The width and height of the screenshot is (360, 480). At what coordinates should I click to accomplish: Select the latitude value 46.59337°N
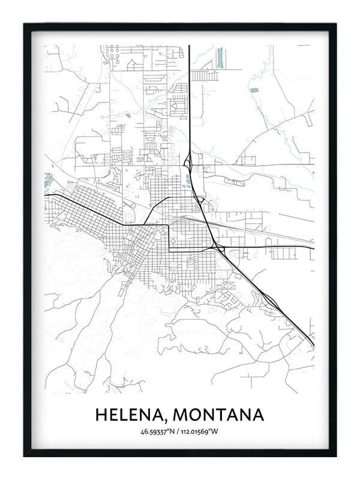(x=159, y=431)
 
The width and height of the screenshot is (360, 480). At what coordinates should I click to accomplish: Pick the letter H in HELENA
(x=100, y=415)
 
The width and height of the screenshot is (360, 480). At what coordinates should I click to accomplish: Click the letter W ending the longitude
(x=217, y=431)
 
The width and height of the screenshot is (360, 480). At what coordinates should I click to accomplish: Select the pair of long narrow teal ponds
(x=220, y=57)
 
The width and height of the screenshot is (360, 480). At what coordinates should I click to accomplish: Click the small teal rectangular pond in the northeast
(x=254, y=90)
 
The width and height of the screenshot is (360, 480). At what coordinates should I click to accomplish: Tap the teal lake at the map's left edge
(x=48, y=179)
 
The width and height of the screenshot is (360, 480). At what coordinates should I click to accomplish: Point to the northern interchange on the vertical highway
(x=188, y=161)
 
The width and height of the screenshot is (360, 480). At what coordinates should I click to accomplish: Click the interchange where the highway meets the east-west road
(x=215, y=247)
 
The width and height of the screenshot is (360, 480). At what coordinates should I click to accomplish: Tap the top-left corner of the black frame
(x=25, y=25)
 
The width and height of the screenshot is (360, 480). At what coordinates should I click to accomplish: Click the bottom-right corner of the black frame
(x=335, y=455)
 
